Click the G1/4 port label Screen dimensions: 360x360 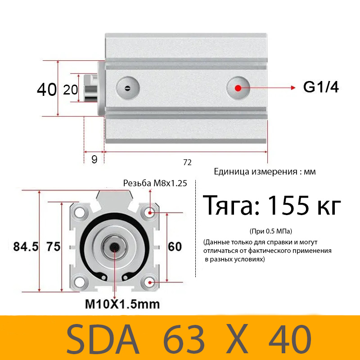point(320,87)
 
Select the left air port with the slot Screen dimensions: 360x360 point(127,87)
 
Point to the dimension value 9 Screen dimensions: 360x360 point(94,159)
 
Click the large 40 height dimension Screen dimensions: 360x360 point(47,89)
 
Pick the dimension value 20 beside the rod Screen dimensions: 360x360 point(71,90)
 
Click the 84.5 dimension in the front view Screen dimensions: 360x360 point(25,247)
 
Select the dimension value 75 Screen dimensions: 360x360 point(54,247)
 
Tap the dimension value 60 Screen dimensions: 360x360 point(175,247)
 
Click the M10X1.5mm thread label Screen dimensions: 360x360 point(122,304)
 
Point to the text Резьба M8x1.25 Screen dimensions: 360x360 point(155,183)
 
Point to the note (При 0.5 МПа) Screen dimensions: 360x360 point(270,231)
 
